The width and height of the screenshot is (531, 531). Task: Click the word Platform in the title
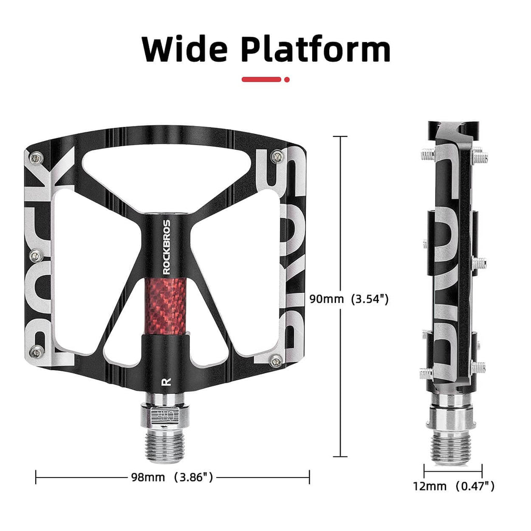click(316, 50)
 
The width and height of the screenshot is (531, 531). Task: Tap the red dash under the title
click(262, 79)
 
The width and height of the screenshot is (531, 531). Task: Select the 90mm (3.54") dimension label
click(348, 299)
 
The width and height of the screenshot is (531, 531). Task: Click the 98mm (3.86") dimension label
click(172, 477)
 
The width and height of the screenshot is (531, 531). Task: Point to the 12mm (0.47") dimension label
click(454, 486)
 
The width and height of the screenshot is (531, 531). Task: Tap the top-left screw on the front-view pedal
click(35, 158)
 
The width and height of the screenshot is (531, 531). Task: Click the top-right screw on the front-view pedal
click(280, 157)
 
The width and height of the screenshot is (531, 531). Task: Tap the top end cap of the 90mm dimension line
click(340, 136)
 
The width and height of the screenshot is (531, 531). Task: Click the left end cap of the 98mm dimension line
click(36, 477)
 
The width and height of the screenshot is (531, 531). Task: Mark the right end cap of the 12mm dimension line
click(482, 471)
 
